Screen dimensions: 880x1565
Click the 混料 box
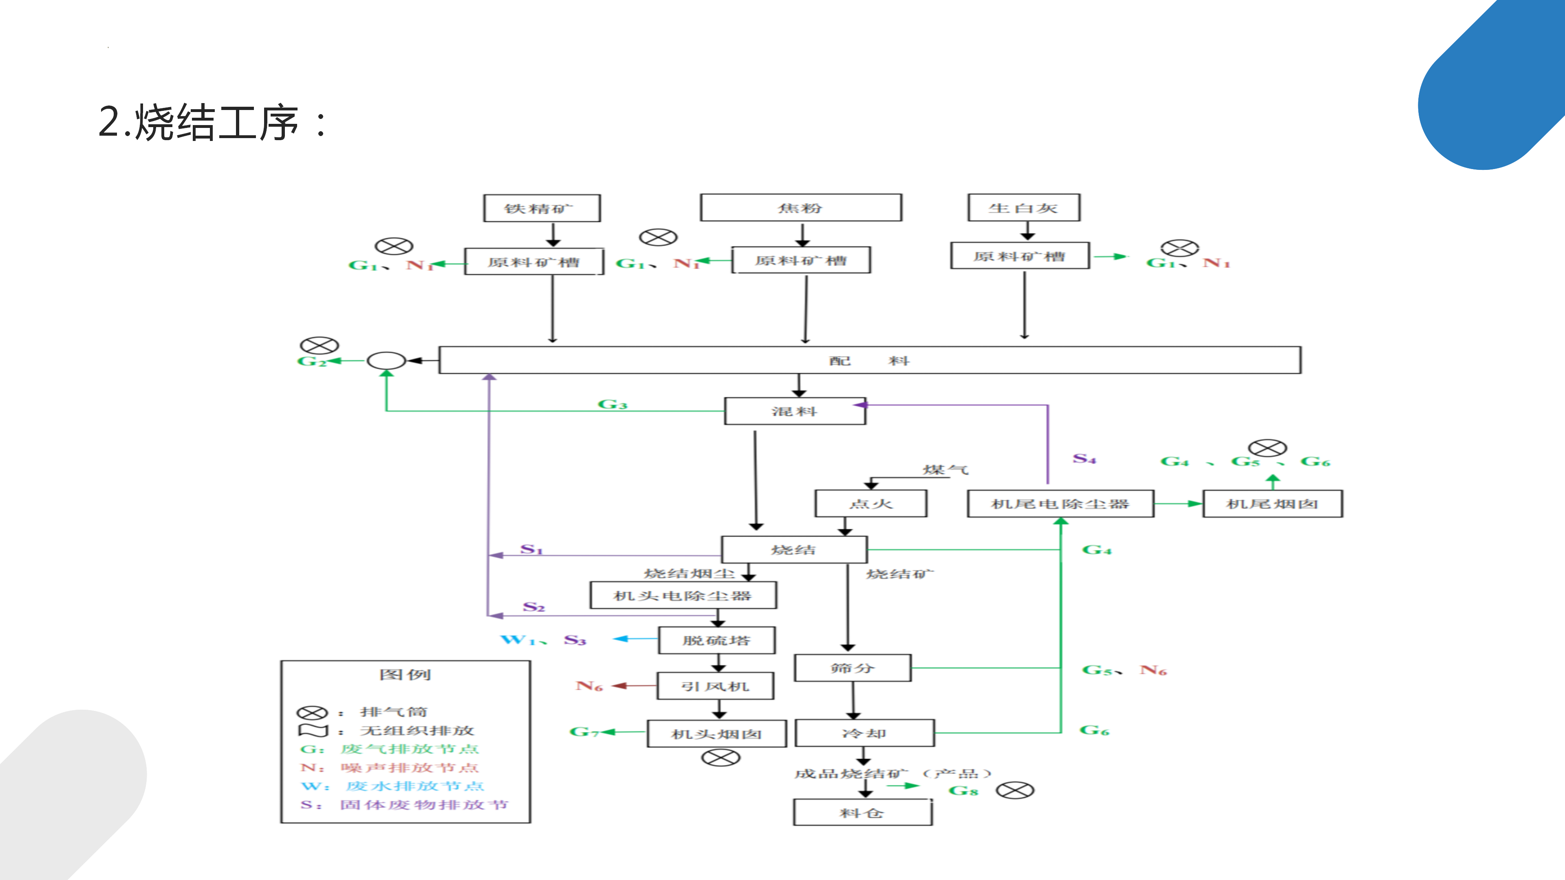795,411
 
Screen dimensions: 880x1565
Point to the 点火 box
871,504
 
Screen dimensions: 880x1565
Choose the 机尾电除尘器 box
1060,504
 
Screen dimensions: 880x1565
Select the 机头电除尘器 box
683,595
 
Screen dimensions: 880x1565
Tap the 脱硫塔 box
716,640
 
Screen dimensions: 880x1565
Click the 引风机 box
715,686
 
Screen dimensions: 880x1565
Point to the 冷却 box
864,733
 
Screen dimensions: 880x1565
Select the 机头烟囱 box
716,734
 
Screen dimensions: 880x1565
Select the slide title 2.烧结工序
213,122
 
